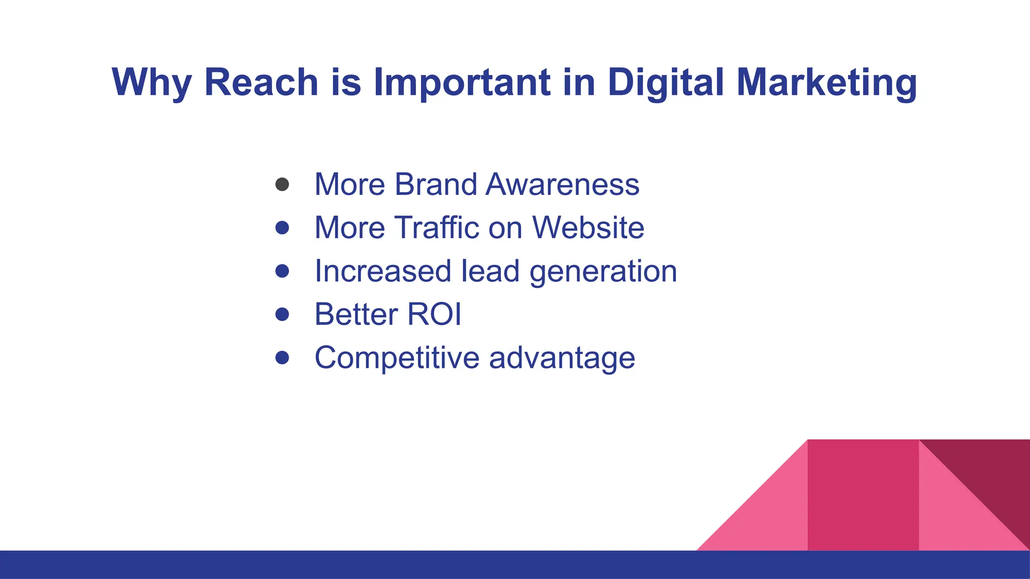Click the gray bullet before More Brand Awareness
(282, 184)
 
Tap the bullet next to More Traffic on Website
(282, 228)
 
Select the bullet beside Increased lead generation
(282, 271)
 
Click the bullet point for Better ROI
(282, 314)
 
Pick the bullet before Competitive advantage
(282, 357)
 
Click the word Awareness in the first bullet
(562, 184)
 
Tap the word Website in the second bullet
(588, 228)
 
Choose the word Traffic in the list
(436, 228)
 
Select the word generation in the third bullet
(603, 272)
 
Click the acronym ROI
(434, 315)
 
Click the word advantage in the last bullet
(562, 358)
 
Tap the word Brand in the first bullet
(435, 184)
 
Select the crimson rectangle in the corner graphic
(863, 495)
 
